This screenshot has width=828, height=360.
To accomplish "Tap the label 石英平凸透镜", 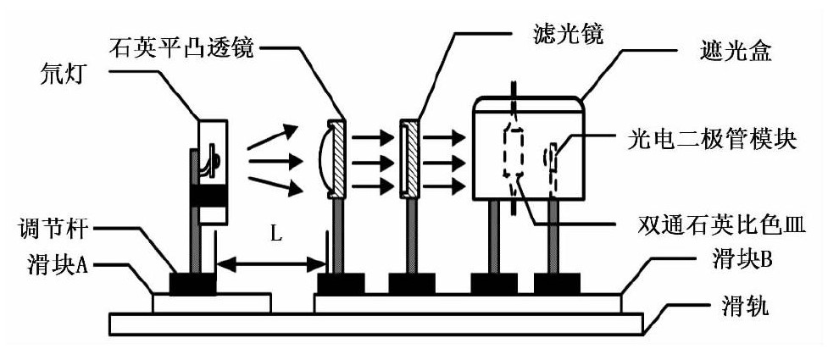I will [x=181, y=45].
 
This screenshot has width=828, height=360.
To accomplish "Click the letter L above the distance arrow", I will [x=276, y=235].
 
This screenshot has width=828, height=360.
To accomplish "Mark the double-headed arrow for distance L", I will [x=271, y=264].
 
